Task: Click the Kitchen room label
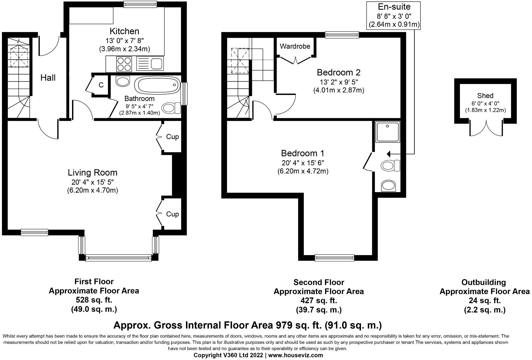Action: [x=124, y=31]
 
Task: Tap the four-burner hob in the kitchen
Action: [x=124, y=64]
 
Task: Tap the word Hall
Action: [x=48, y=78]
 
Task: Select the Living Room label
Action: [x=93, y=173]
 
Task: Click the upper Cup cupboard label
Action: [x=172, y=137]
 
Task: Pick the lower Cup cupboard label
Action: [x=172, y=214]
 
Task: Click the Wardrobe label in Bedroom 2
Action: [x=295, y=46]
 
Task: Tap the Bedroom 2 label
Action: [x=339, y=73]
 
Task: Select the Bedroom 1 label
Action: [x=303, y=153]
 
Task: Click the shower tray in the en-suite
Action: [x=387, y=131]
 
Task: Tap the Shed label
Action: [x=485, y=96]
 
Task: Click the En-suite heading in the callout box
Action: [x=394, y=7]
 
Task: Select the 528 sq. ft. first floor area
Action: [x=94, y=300]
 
